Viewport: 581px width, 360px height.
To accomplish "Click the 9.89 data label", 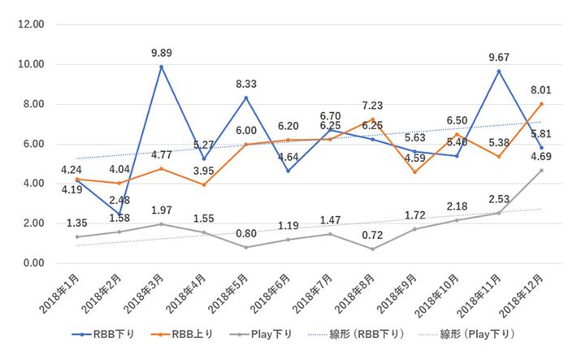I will (161, 54).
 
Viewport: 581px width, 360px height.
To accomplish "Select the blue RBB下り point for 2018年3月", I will (162, 67).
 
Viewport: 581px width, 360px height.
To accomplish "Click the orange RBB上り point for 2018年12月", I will (541, 104).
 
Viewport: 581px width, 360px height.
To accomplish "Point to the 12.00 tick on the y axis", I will (31, 24).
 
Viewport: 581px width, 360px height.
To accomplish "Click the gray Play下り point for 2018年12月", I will (541, 170).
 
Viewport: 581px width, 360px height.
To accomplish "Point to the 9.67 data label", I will (497, 59).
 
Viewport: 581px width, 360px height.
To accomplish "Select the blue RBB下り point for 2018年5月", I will (246, 98).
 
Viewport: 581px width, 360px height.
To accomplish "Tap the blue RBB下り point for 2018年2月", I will (119, 214).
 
